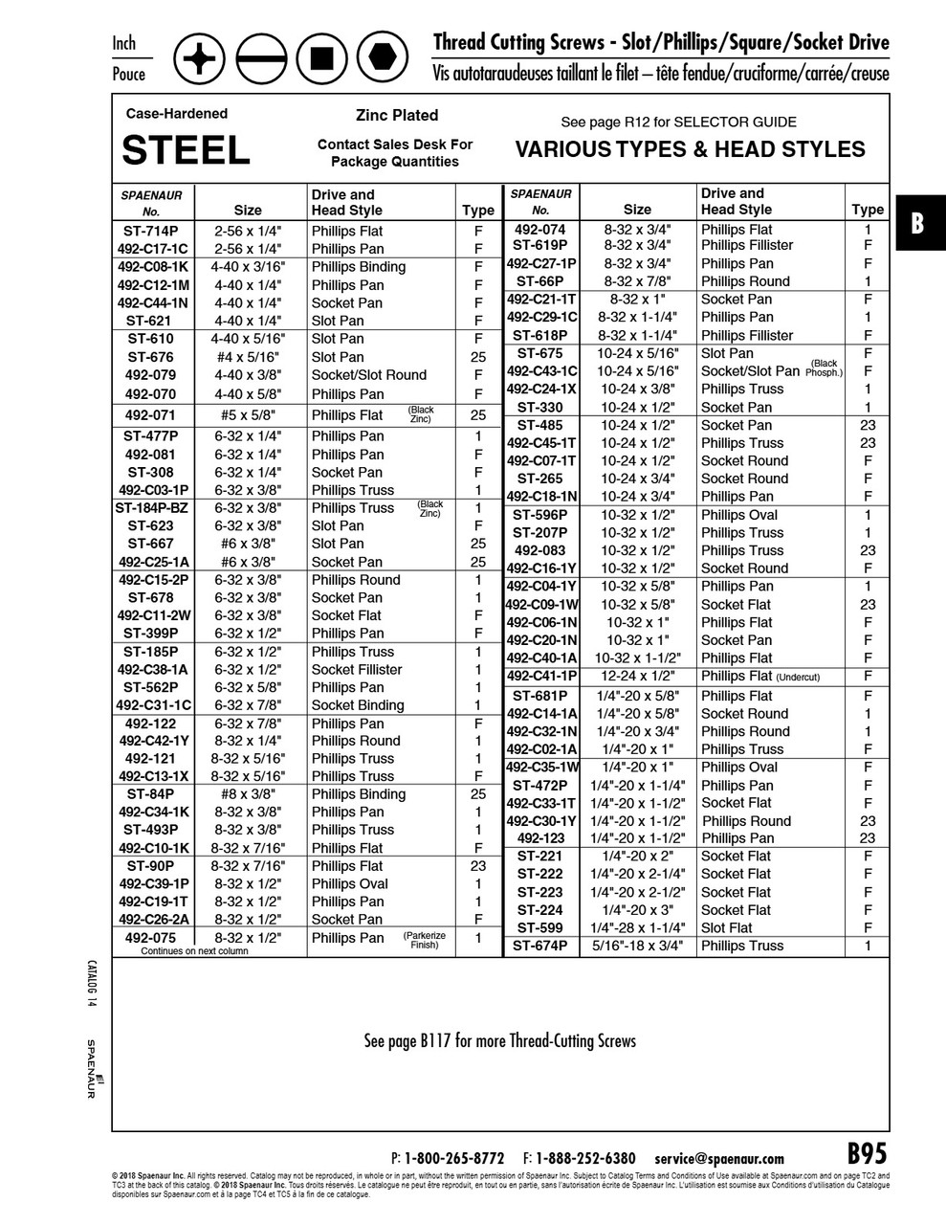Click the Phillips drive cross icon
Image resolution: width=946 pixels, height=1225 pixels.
pyautogui.click(x=200, y=59)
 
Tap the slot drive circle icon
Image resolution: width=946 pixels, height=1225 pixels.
pyautogui.click(x=261, y=59)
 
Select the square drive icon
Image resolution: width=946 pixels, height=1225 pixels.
pyautogui.click(x=321, y=59)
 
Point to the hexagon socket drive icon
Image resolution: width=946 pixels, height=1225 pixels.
pyautogui.click(x=383, y=59)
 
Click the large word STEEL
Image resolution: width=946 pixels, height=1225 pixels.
pyautogui.click(x=187, y=149)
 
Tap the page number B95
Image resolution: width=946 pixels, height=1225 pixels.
pyautogui.click(x=867, y=1153)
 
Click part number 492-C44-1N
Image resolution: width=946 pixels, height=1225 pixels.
pyautogui.click(x=153, y=302)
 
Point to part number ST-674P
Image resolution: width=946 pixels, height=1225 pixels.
pyautogui.click(x=539, y=946)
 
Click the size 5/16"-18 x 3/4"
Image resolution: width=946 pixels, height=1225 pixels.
pyautogui.click(x=637, y=946)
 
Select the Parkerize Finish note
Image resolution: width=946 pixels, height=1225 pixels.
pyautogui.click(x=425, y=940)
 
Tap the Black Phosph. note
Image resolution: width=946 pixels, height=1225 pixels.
pyautogui.click(x=824, y=368)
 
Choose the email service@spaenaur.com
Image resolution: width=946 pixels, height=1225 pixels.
pyautogui.click(x=719, y=1158)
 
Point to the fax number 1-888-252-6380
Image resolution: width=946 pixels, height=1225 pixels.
pyautogui.click(x=585, y=1158)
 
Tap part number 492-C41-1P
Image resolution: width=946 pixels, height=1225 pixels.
pyautogui.click(x=541, y=676)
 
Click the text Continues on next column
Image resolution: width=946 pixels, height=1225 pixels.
pyautogui.click(x=194, y=951)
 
